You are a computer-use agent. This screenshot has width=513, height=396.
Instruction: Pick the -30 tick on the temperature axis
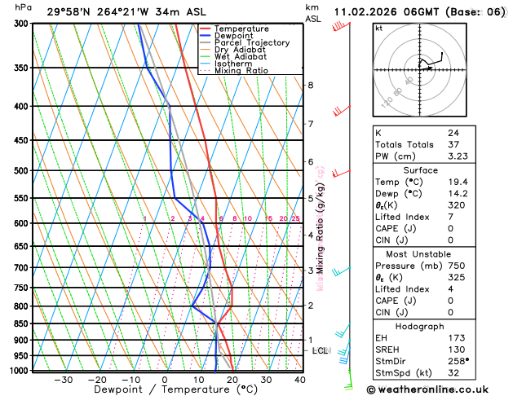click(63, 380)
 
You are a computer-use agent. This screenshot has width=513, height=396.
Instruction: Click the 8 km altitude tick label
click(310, 85)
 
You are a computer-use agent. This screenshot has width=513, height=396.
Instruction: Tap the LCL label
click(321, 351)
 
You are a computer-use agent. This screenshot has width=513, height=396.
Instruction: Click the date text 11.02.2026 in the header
click(368, 11)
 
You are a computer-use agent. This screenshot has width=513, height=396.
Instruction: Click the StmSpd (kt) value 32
click(453, 372)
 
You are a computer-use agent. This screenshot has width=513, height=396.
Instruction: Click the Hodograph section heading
click(439, 326)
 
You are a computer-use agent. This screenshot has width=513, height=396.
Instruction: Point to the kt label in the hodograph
click(378, 28)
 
